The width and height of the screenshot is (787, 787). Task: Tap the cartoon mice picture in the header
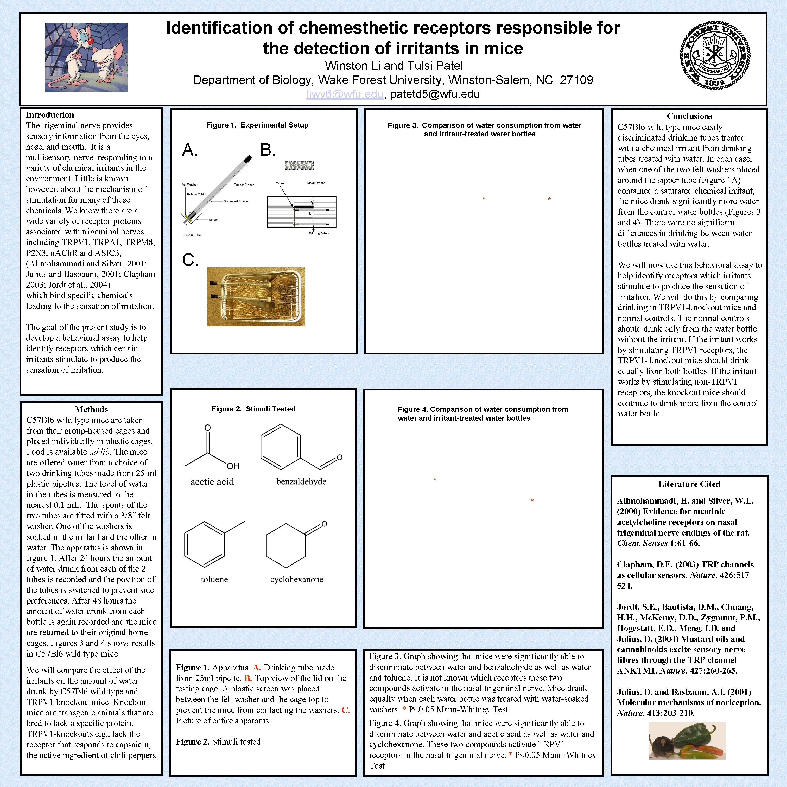(x=86, y=58)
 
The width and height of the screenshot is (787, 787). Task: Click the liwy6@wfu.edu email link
(x=345, y=94)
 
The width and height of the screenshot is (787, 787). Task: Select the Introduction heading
(x=50, y=115)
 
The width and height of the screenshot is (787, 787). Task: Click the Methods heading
(x=91, y=409)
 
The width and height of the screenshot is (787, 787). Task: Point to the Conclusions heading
(x=689, y=116)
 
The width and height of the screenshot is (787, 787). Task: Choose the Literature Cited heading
(x=689, y=484)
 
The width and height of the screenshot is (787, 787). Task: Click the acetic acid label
(x=212, y=482)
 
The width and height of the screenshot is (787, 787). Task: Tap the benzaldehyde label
(x=301, y=481)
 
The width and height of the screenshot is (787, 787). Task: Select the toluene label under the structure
(x=214, y=579)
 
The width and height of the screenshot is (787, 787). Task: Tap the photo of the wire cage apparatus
(x=256, y=296)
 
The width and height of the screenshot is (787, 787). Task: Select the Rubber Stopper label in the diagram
(x=244, y=185)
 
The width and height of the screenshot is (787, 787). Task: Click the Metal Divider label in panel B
(x=316, y=183)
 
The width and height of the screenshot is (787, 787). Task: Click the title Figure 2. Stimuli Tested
(x=253, y=409)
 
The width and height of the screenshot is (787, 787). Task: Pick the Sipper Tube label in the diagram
(x=192, y=235)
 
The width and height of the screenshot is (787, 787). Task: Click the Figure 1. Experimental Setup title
(x=257, y=125)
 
